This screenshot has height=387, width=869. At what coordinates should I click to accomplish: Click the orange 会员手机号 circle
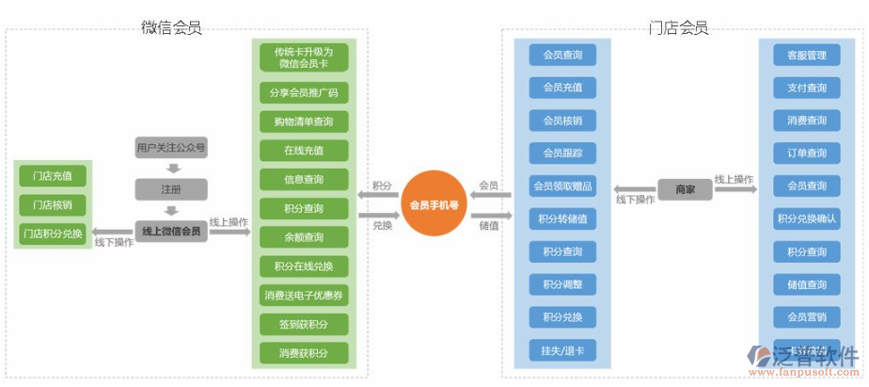434,204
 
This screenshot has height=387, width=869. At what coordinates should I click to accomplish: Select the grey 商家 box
686,189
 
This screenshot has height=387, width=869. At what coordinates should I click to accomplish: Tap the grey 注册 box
170,189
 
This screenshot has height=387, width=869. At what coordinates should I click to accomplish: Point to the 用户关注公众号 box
170,148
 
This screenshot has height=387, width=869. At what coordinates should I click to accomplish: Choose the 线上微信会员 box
170,231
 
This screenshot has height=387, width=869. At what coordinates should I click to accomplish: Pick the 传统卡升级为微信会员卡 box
303,57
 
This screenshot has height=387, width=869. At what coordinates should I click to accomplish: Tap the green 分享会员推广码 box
303,92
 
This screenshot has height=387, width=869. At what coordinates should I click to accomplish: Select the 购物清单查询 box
303,121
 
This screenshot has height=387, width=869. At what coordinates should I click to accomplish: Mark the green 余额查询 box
303,237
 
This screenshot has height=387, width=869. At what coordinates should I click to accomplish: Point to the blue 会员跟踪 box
562,153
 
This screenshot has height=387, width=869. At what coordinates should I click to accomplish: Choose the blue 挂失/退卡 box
562,349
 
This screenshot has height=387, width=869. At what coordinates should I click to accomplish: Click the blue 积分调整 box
562,284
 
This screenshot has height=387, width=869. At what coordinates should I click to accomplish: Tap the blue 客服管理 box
806,56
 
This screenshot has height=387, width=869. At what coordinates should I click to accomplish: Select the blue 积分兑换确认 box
806,218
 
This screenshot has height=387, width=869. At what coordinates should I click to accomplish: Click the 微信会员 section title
171,27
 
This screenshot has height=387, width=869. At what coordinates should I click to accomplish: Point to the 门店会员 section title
678,27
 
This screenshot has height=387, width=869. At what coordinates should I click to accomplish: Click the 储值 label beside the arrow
488,225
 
